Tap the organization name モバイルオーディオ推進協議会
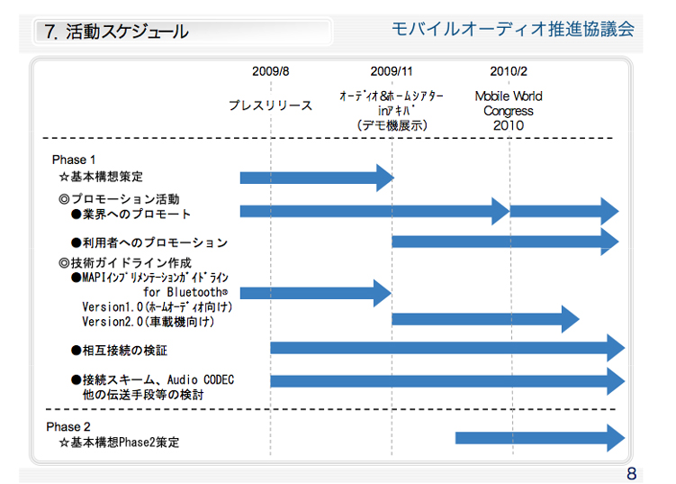click(513, 29)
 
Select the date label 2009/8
click(270, 71)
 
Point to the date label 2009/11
click(392, 71)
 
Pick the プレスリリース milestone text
click(270, 105)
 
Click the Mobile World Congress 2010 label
click(509, 111)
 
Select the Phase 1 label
click(74, 160)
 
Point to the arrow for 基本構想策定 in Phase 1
click(316, 178)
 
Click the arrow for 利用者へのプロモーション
click(504, 242)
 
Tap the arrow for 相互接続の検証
click(446, 348)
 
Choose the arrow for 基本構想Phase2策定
click(538, 438)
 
